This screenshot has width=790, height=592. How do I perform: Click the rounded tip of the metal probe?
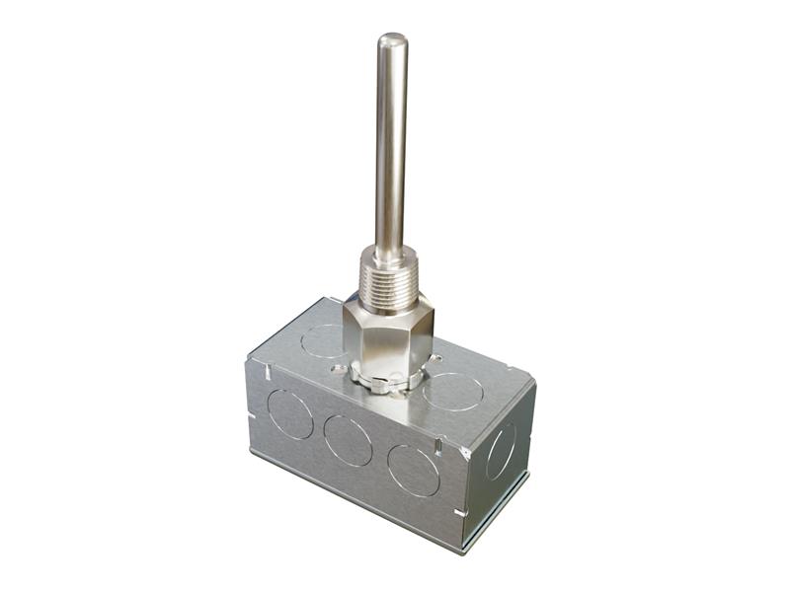(x=392, y=42)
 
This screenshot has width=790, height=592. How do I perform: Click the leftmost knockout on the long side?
(x=290, y=413)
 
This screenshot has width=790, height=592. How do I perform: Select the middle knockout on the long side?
(x=348, y=440)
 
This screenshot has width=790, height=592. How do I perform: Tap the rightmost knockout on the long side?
(x=414, y=470)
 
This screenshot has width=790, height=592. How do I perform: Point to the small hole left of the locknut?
(x=339, y=369)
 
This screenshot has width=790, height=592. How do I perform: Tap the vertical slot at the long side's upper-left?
(x=267, y=373)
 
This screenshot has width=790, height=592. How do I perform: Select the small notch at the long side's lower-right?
(x=456, y=513)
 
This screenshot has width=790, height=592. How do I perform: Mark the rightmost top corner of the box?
(x=534, y=381)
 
